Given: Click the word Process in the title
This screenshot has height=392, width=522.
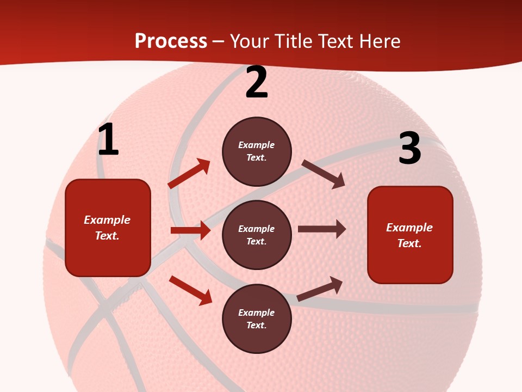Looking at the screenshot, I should [x=171, y=41].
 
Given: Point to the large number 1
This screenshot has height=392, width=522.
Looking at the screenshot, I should [x=108, y=140].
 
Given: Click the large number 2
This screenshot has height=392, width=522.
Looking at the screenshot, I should [x=257, y=82].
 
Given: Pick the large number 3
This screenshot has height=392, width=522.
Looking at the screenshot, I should [x=409, y=149].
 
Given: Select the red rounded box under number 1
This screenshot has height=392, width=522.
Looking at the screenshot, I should [x=108, y=228].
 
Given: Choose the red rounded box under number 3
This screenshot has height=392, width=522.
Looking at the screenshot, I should [x=410, y=235].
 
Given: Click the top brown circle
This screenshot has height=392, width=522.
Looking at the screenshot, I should [x=257, y=151].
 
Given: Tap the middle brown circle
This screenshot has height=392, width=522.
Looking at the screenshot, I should [x=257, y=235].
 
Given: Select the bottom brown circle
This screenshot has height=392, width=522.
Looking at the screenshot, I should [x=257, y=319].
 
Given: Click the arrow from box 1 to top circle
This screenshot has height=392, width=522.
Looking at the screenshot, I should [x=189, y=173].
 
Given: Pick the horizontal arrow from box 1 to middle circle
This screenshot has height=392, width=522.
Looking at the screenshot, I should [x=190, y=230].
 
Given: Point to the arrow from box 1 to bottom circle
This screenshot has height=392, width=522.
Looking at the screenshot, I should [x=190, y=290].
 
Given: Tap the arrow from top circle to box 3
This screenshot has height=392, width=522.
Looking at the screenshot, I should [x=324, y=174].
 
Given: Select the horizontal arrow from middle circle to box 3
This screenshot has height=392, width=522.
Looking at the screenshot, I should [x=322, y=229].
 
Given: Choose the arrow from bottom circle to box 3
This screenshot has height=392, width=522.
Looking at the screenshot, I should [x=320, y=289].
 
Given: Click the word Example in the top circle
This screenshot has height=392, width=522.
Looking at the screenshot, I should [x=257, y=145].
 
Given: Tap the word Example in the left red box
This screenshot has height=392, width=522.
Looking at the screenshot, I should [x=107, y=220].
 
